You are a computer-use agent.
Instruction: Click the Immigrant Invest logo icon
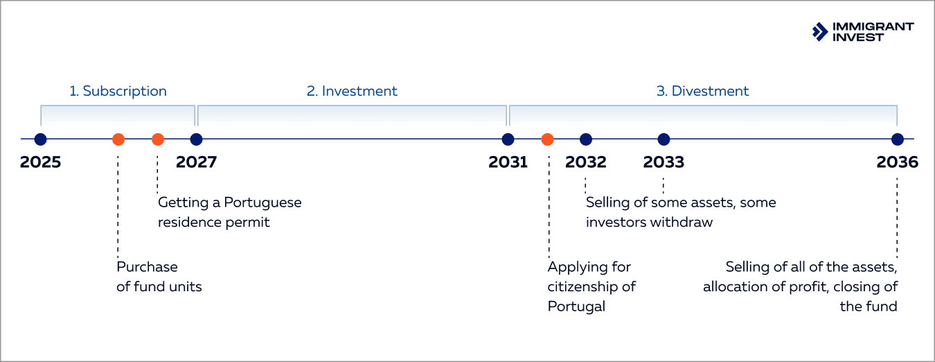pos(820,31)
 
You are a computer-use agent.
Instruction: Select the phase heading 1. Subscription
pos(118,91)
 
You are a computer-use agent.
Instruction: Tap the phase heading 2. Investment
pos(353,91)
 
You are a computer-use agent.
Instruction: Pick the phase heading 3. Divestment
pos(702,91)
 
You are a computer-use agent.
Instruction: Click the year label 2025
pos(40,162)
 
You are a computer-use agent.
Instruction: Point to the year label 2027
pos(196,162)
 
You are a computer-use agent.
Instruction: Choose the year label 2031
pos(508,162)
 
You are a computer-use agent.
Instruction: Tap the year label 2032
pos(586,162)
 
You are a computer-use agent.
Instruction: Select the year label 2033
pos(664,162)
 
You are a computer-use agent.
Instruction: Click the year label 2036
pos(897,162)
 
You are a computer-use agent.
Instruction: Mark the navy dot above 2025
pos(40,139)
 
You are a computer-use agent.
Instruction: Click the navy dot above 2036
pos(898,139)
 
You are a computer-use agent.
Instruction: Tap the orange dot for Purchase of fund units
pos(118,139)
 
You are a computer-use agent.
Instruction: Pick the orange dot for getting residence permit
pos(158,139)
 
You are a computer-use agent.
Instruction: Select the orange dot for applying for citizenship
pos(547,139)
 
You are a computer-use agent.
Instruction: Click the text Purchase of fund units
pos(159,277)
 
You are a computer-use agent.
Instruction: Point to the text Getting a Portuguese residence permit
pos(229,212)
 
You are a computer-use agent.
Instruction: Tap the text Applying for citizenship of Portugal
pos(591,286)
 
